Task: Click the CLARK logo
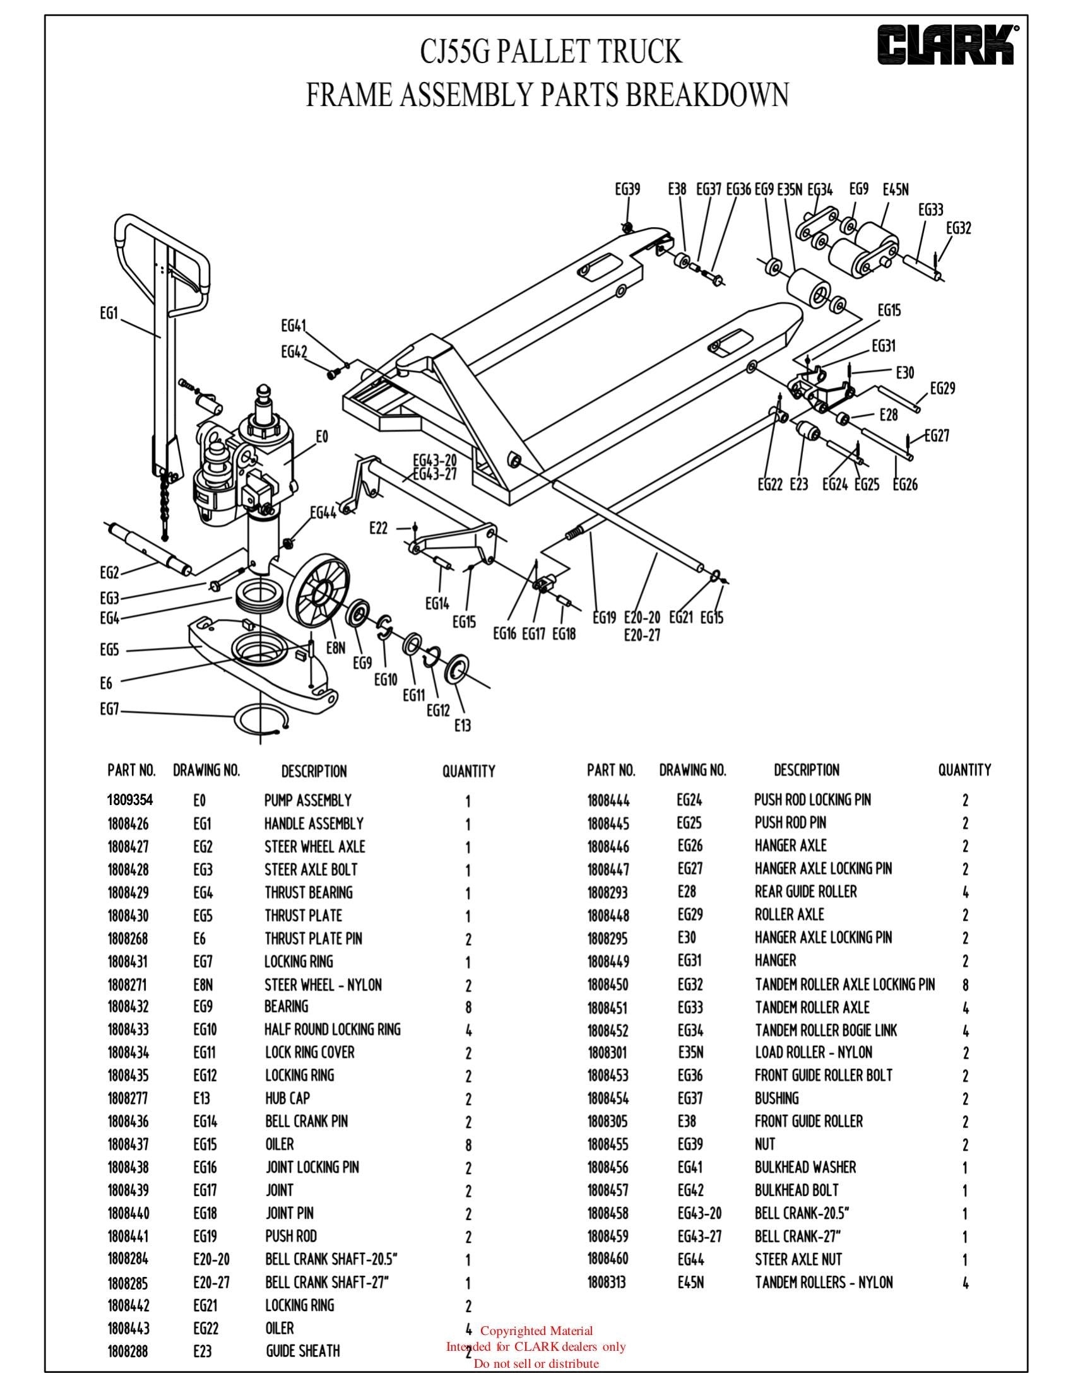click(x=946, y=45)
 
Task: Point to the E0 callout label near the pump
click(x=322, y=437)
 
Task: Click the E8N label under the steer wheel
click(x=336, y=647)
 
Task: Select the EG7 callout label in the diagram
click(x=109, y=710)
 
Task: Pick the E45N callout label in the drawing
click(x=896, y=189)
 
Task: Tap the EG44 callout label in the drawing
click(x=323, y=512)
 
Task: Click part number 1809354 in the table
click(x=130, y=799)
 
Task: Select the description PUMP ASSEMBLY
click(x=307, y=800)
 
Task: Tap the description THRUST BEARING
click(x=308, y=892)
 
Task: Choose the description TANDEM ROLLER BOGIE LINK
click(x=826, y=1030)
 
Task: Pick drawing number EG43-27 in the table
click(x=699, y=1236)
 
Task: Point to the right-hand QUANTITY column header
click(x=964, y=770)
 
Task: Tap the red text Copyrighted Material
click(x=536, y=1331)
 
